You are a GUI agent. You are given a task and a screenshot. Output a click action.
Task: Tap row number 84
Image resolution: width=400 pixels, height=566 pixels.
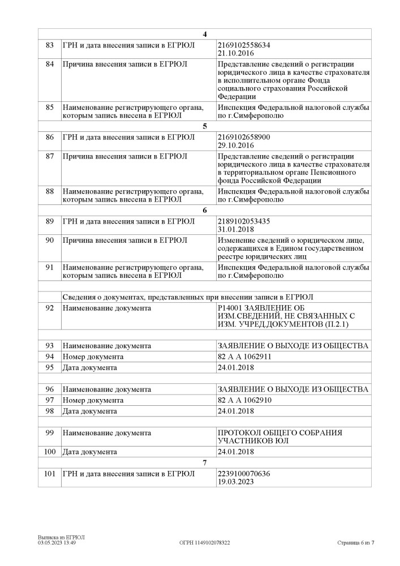pyautogui.click(x=50, y=64)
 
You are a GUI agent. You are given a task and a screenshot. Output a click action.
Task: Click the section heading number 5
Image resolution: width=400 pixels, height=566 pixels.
pyautogui.click(x=205, y=126)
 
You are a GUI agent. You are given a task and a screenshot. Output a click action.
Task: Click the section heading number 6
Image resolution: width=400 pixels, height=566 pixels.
pyautogui.click(x=205, y=210)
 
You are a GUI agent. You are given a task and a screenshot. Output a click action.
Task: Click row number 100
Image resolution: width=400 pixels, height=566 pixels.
pyautogui.click(x=50, y=452)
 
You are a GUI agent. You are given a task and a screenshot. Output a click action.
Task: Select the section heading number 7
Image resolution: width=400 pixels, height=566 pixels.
pyautogui.click(x=205, y=463)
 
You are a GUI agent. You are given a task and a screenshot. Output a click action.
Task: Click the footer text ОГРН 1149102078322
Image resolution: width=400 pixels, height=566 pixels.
pyautogui.click(x=204, y=542)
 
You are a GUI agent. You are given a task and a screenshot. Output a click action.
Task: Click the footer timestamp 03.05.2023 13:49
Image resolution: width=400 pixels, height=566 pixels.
pyautogui.click(x=57, y=542)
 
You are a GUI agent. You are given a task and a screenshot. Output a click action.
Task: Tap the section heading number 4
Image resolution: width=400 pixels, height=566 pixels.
pyautogui.click(x=205, y=34)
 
